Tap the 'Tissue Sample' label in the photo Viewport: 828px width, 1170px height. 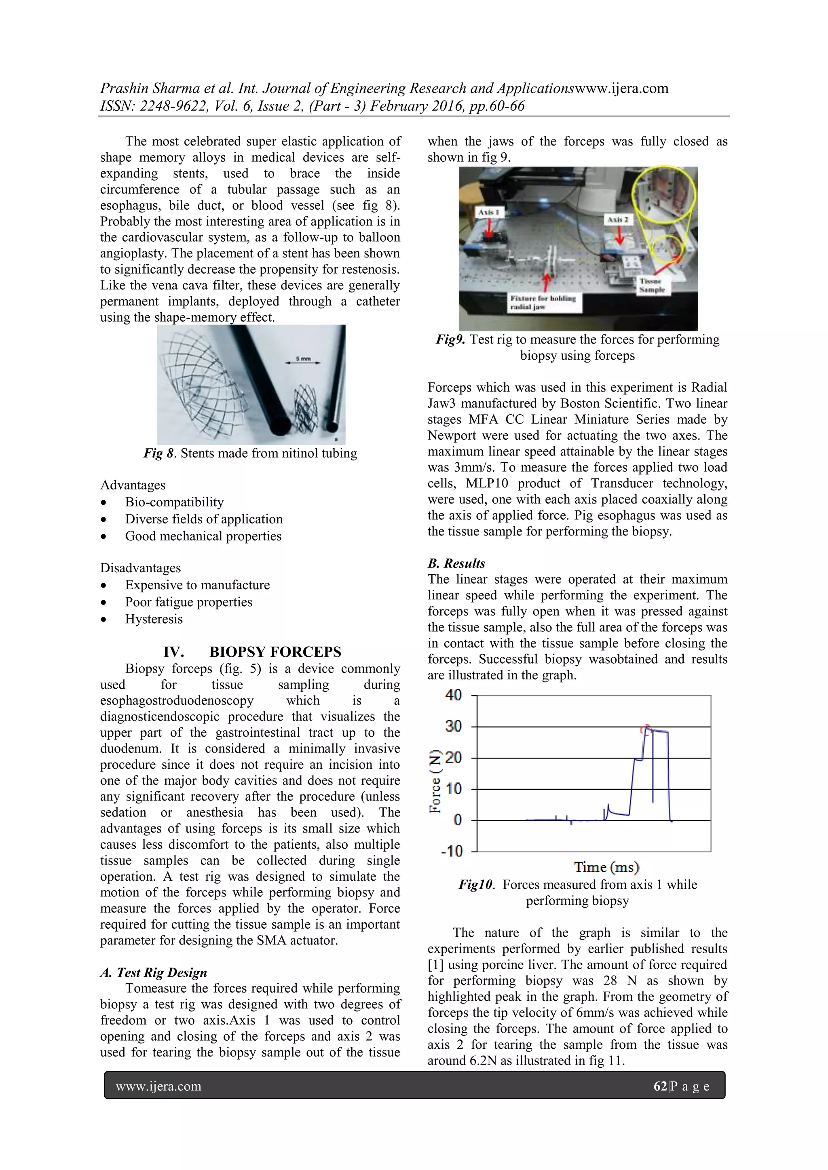652,285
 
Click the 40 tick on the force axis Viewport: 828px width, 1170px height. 453,695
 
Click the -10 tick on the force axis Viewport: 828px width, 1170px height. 452,851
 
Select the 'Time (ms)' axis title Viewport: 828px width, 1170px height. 606,867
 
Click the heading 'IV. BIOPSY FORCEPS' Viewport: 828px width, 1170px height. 252,652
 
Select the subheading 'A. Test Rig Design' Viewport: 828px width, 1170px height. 154,972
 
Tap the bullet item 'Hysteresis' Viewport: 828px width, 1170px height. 154,619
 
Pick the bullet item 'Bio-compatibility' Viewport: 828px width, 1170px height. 174,502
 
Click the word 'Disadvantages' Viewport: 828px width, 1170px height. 140,568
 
